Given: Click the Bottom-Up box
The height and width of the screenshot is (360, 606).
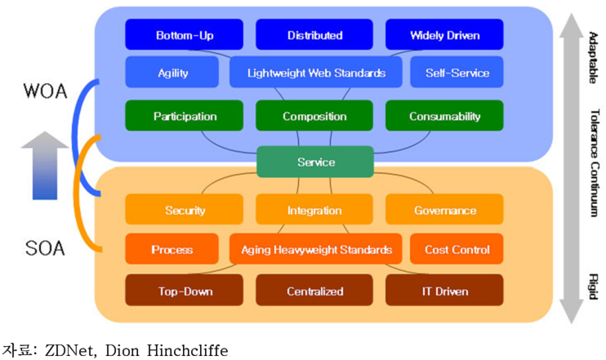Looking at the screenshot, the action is pyautogui.click(x=185, y=34).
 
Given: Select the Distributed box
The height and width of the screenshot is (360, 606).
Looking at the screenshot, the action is pyautogui.click(x=314, y=34).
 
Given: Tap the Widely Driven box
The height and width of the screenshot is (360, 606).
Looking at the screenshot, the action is pyautogui.click(x=444, y=34).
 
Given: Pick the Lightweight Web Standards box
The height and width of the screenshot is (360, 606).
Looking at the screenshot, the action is pyautogui.click(x=316, y=72).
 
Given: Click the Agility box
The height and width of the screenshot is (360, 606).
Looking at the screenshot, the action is pyautogui.click(x=172, y=72).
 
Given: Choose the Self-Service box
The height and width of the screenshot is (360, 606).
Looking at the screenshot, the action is pyautogui.click(x=457, y=72).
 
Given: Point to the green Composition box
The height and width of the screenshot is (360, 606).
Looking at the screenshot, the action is pyautogui.click(x=314, y=115).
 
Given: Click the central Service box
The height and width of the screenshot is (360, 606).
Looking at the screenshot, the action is pyautogui.click(x=315, y=162).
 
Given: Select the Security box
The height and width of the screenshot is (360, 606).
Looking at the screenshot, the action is pyautogui.click(x=185, y=209).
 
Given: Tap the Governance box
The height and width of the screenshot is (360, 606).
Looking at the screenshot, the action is pyautogui.click(x=444, y=209).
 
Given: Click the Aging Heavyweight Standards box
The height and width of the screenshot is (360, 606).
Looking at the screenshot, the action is pyautogui.click(x=316, y=249).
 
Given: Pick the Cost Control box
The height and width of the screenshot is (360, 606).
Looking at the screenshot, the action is pyautogui.click(x=457, y=249).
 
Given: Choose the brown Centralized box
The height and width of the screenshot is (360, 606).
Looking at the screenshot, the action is pyautogui.click(x=314, y=290).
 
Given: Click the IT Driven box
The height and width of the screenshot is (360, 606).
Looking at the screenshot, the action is pyautogui.click(x=444, y=290).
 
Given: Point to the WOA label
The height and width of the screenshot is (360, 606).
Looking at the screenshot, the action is pyautogui.click(x=45, y=91).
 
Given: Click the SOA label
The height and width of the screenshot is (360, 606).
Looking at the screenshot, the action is pyautogui.click(x=45, y=248).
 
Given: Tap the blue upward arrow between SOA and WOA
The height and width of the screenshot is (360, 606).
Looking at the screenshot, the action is pyautogui.click(x=45, y=166).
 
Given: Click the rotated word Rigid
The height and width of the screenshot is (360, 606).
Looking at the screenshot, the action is pyautogui.click(x=594, y=287).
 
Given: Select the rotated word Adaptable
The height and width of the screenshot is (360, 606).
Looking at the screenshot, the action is pyautogui.click(x=593, y=58).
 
